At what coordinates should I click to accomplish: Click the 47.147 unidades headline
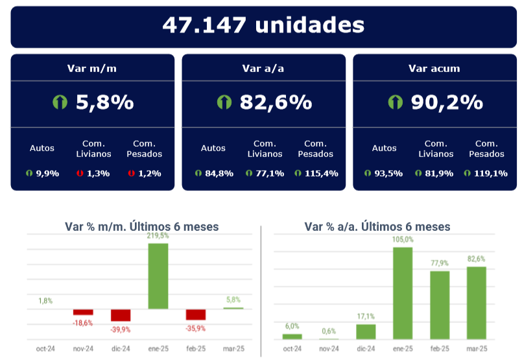coord(263,25)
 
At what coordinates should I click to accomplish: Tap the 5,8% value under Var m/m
coord(104,102)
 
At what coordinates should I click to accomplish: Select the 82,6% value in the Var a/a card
coord(276,102)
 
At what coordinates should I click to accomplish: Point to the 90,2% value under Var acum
coord(447,102)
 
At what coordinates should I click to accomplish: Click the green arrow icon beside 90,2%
coord(396,102)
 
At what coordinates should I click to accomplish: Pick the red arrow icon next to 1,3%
coord(79,173)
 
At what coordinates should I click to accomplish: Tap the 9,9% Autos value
coord(46,173)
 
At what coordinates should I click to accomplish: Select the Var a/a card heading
coord(263,67)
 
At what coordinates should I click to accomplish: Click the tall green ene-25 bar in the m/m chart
coord(158,276)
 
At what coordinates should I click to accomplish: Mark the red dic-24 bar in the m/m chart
coord(121,315)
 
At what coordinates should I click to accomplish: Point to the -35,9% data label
coord(195,328)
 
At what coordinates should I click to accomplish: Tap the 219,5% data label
coord(158,236)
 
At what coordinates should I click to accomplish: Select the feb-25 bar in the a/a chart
coord(440,305)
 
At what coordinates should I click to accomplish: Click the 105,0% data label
coord(403,239)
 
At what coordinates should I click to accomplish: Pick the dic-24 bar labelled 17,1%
coord(366,331)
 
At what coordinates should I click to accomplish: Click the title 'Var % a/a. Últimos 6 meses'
coord(377,226)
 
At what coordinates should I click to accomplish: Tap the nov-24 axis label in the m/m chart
coord(83,349)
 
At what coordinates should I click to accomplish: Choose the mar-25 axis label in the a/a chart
coord(477,349)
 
